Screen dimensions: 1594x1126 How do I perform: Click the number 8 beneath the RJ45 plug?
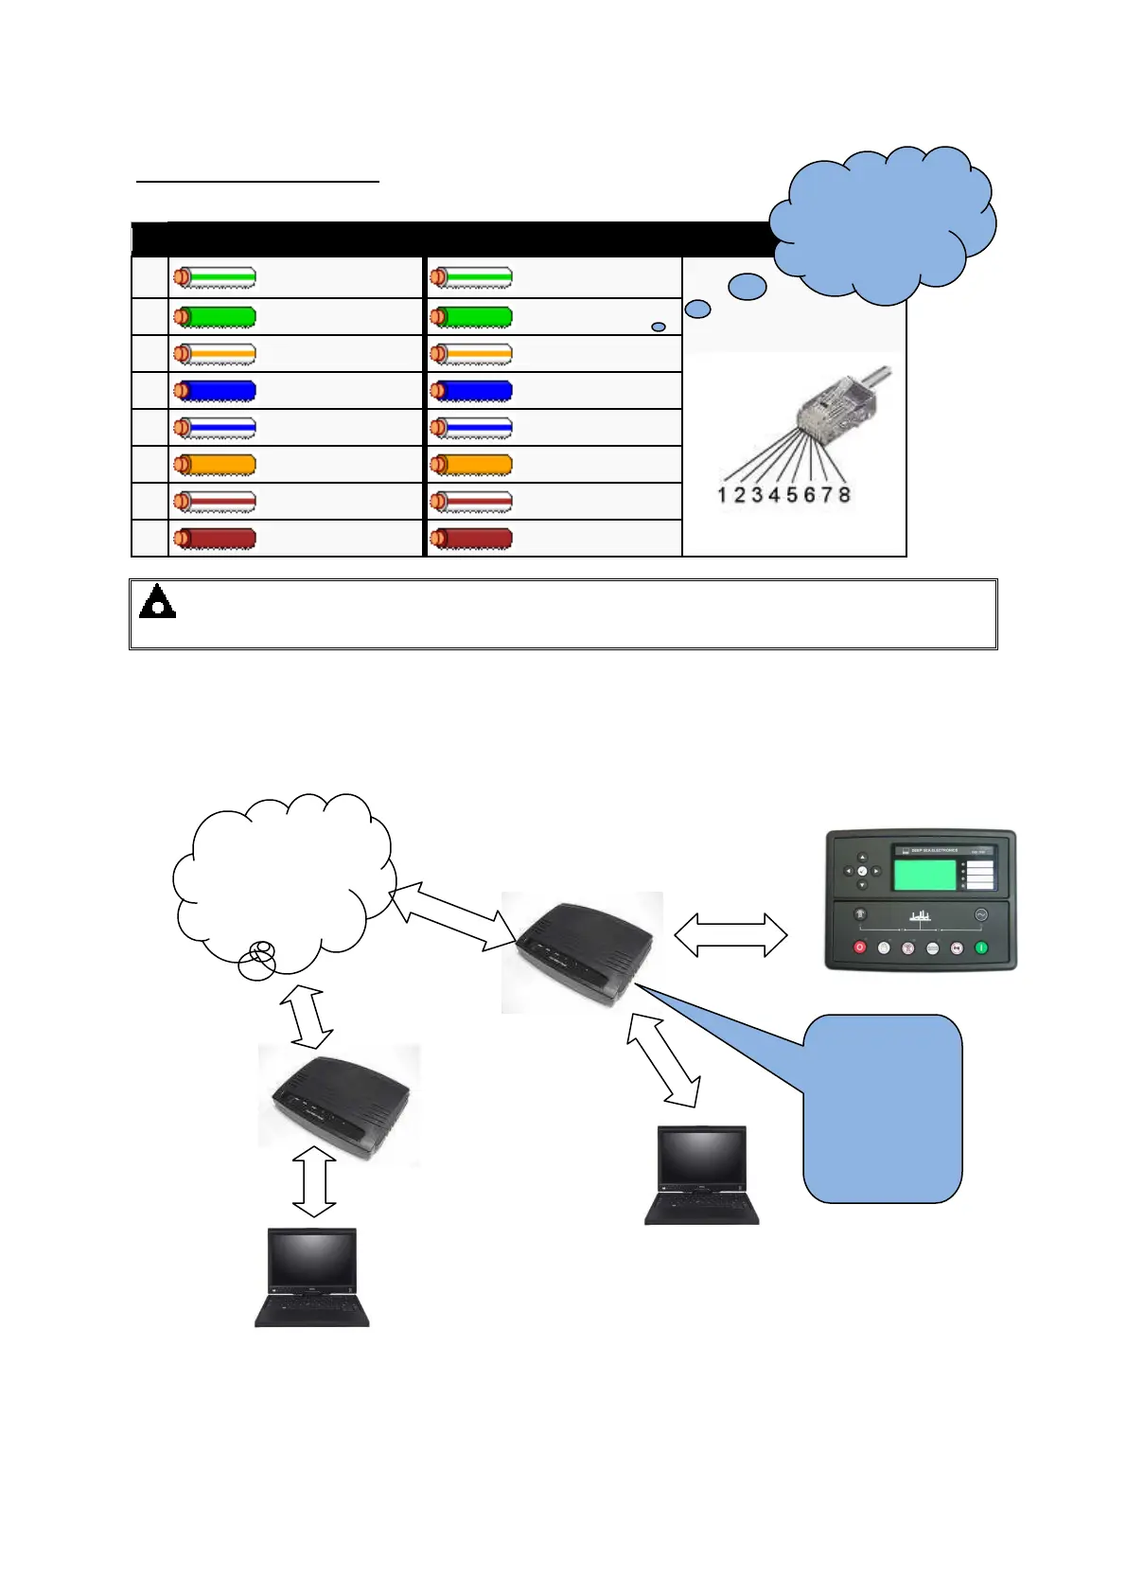point(844,495)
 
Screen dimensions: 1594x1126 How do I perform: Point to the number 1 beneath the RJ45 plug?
point(722,495)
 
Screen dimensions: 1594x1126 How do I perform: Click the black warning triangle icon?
point(157,602)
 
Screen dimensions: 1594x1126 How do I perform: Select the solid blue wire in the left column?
point(215,391)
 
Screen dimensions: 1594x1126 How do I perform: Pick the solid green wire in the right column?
point(471,317)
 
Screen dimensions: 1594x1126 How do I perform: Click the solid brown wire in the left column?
point(215,539)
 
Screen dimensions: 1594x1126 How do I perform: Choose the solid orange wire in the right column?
point(471,465)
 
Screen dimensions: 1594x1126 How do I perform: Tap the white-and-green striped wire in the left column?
point(215,278)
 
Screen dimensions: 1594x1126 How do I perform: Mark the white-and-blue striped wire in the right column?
point(471,428)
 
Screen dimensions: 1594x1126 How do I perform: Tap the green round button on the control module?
point(981,947)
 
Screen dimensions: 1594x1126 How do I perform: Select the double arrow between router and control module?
point(730,935)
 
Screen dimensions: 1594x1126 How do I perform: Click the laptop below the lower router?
point(312,1277)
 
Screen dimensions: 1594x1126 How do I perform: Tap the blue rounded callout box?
point(882,1108)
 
